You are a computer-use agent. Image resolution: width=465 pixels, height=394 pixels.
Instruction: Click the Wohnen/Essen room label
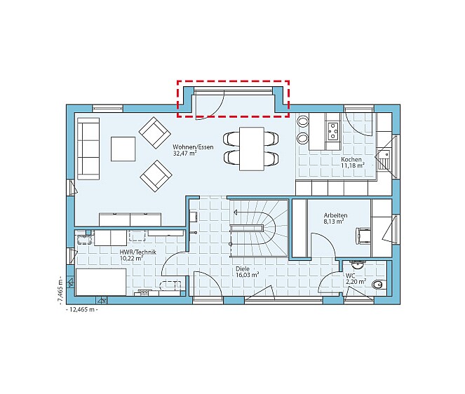(193, 147)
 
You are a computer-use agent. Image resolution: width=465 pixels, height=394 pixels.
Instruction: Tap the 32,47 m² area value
(184, 154)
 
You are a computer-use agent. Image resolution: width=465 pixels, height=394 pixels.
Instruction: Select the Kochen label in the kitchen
(351, 160)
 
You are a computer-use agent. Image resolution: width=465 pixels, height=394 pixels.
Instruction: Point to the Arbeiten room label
(335, 215)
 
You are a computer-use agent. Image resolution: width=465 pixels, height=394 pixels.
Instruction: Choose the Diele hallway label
(243, 269)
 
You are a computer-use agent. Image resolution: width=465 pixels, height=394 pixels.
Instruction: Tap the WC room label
(350, 276)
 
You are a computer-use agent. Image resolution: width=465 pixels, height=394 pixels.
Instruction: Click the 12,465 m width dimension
(82, 310)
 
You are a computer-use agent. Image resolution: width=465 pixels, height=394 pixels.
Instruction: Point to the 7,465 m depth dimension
(60, 292)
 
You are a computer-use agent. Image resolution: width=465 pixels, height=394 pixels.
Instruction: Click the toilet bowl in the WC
(379, 285)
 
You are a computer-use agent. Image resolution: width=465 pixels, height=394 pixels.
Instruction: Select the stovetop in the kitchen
(334, 130)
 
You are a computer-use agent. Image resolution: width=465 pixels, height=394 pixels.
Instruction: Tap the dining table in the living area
(252, 149)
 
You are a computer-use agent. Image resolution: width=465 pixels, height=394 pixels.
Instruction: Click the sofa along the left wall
(88, 149)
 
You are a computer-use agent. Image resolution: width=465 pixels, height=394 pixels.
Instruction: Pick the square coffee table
(123, 149)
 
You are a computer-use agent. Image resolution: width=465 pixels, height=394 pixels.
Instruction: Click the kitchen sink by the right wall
(384, 156)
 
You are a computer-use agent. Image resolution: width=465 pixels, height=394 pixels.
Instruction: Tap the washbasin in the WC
(358, 264)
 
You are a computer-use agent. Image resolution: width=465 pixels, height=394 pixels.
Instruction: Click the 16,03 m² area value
(246, 275)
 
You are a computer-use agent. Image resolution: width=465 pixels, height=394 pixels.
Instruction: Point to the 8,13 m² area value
(334, 222)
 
